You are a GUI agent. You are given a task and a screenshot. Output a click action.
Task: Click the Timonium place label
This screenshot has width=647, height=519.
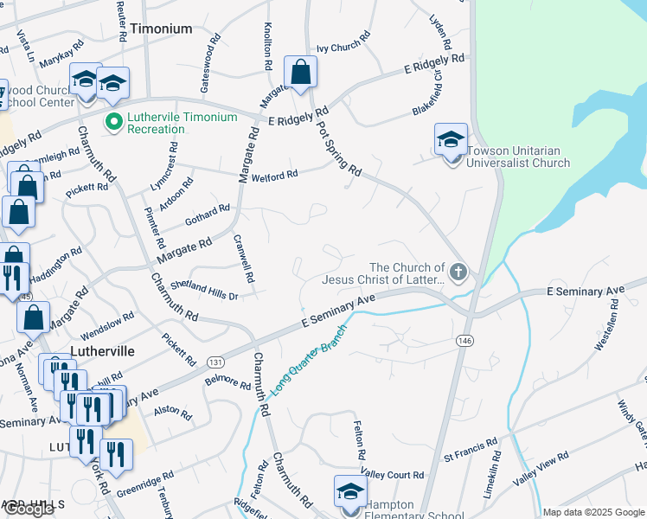162,29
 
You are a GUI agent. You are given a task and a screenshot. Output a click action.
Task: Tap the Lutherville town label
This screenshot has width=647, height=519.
102,351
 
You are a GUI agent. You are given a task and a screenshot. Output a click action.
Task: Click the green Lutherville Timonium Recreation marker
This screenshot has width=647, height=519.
112,122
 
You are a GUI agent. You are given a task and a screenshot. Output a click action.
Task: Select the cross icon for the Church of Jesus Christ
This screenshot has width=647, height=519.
458,273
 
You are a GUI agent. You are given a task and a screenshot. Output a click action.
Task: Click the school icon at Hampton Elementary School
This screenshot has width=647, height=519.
351,491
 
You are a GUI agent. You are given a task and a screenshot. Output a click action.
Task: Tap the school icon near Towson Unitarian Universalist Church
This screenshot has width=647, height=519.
451,139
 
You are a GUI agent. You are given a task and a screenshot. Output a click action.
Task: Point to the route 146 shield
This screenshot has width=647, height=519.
464,342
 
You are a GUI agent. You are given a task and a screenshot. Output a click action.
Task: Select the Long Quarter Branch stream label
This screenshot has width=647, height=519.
309,361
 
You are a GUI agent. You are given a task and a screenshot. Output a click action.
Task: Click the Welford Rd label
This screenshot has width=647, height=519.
274,176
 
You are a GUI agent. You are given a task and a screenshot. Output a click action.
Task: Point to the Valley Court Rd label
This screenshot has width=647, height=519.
392,476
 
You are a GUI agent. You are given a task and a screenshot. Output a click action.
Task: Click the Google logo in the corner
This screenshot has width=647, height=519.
29,509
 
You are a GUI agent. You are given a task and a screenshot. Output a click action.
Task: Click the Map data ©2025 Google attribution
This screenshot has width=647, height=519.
593,512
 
